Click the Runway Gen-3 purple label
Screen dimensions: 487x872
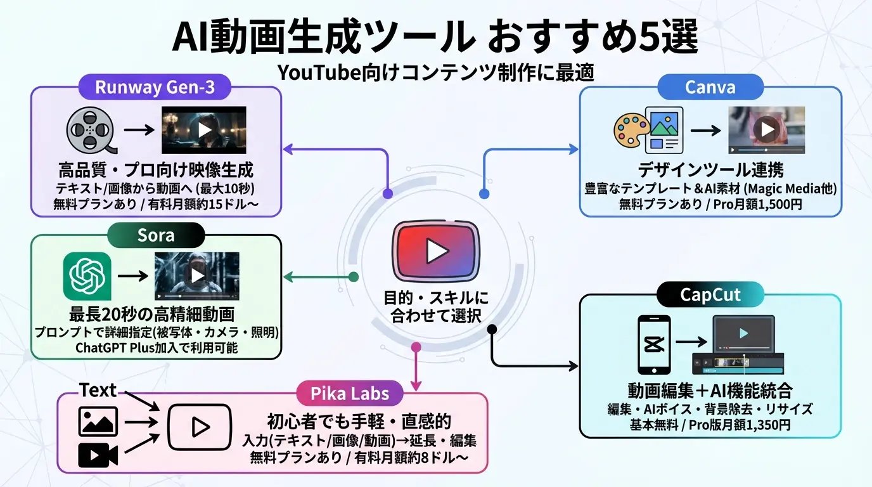pyautogui.click(x=155, y=87)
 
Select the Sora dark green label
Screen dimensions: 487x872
pyautogui.click(x=156, y=236)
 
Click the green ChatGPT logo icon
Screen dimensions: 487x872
pyautogui.click(x=87, y=276)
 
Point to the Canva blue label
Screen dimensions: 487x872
pyautogui.click(x=710, y=87)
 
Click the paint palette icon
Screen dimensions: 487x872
pyautogui.click(x=629, y=131)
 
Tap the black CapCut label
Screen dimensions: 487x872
pyautogui.click(x=710, y=295)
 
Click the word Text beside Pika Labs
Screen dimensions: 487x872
pyautogui.click(x=98, y=391)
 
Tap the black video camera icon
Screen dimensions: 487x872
pyautogui.click(x=98, y=455)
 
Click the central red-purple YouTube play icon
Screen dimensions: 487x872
pyautogui.click(x=436, y=251)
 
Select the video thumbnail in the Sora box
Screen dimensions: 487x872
pyautogui.click(x=197, y=276)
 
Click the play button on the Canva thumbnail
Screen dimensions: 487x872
pyautogui.click(x=767, y=130)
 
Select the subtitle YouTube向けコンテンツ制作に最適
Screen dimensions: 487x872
pyautogui.click(x=435, y=73)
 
